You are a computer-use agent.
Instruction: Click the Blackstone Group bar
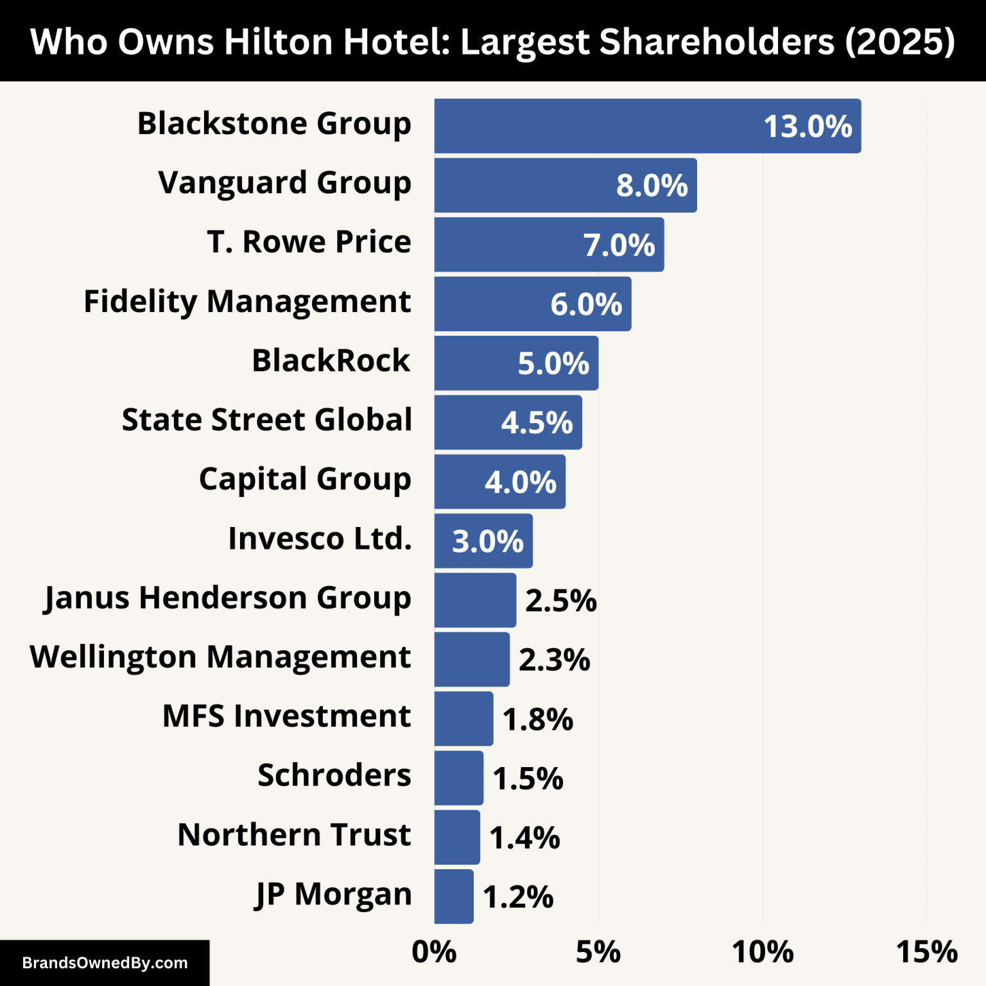[x=647, y=126]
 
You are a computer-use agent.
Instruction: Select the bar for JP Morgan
[x=454, y=896]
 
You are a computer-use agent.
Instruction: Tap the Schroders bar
[x=458, y=777]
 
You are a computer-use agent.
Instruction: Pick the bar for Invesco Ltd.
[x=483, y=541]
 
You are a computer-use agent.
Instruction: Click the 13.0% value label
[x=808, y=126]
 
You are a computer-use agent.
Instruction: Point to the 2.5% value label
[x=560, y=601]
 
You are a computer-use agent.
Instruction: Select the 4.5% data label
[x=537, y=423]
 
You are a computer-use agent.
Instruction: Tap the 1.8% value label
[x=537, y=720]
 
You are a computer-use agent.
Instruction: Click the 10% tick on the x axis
[x=763, y=951]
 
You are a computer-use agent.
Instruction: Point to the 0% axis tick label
[x=434, y=951]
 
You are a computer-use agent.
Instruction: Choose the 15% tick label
[x=926, y=951]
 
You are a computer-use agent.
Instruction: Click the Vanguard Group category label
[x=284, y=183]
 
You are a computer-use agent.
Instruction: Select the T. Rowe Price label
[x=309, y=242]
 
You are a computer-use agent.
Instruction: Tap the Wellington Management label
[x=220, y=657]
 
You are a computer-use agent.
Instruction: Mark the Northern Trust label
[x=294, y=835]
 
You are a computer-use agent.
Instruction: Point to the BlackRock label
[x=331, y=361]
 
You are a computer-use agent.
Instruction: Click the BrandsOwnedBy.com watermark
[x=105, y=963]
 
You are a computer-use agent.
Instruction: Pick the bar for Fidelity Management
[x=532, y=304]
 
